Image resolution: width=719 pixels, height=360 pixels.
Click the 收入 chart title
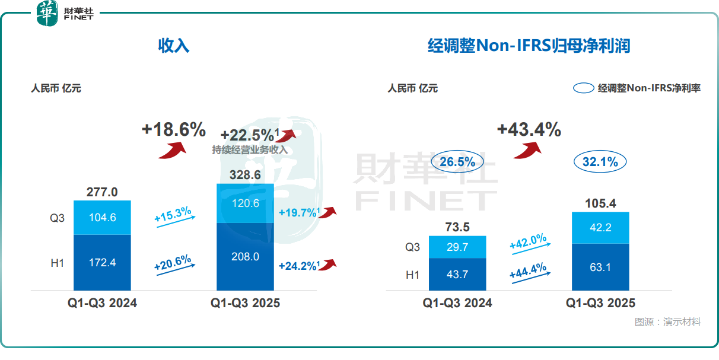point(174,46)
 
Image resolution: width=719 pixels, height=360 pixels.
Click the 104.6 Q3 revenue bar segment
point(102,217)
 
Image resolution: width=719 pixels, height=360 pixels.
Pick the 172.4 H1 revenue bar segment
point(102,262)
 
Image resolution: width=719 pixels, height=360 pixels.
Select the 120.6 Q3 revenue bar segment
point(245,203)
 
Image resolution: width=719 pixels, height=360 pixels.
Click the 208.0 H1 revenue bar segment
point(245,257)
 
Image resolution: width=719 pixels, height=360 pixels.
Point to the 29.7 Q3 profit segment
point(457,247)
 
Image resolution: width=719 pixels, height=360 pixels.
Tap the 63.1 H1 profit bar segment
point(600,266)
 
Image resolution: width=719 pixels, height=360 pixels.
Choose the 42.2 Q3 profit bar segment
point(600,228)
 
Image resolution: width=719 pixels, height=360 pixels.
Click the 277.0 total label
point(102,192)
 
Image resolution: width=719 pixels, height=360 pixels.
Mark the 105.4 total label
point(600,203)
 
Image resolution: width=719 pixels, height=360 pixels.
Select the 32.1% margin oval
point(600,161)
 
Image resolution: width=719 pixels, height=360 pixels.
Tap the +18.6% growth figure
point(173,129)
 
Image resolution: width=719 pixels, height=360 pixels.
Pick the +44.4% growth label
point(528,270)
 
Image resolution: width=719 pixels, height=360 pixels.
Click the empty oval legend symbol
point(584,88)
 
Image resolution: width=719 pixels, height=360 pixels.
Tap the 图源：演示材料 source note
point(667,322)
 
